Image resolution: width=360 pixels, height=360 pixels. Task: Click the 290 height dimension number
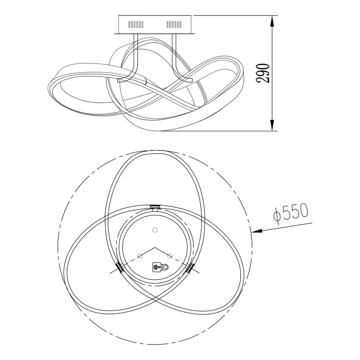point(263,73)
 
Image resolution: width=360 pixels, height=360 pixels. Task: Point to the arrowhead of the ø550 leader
point(257,231)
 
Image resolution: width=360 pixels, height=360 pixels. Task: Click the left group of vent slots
point(136,24)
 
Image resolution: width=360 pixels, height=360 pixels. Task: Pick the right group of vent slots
point(174,24)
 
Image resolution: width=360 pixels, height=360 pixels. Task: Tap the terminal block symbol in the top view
point(160,267)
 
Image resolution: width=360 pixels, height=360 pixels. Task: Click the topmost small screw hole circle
point(155,230)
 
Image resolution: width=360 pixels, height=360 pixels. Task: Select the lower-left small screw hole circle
point(140,256)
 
